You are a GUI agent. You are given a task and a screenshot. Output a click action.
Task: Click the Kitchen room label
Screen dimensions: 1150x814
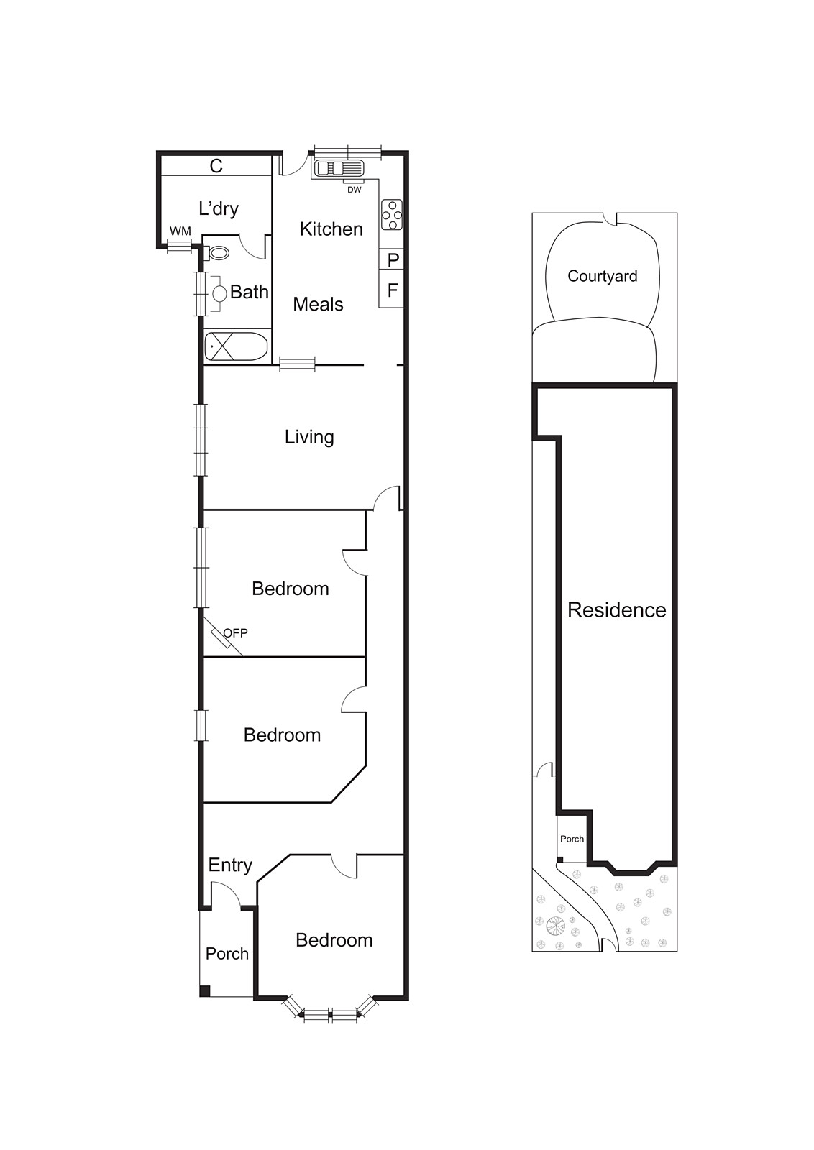[331, 229]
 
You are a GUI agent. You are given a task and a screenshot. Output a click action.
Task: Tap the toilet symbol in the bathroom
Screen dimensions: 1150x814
[218, 253]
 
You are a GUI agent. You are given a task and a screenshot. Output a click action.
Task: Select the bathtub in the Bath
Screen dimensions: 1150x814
[237, 347]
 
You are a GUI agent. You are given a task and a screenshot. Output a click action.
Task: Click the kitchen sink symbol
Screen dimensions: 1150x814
[339, 169]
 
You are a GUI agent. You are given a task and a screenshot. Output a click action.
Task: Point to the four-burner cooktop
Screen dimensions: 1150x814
[392, 214]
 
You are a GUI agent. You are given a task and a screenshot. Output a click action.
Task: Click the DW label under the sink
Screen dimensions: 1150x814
[354, 190]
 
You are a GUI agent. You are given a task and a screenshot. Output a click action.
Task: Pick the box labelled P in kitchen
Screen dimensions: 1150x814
[393, 260]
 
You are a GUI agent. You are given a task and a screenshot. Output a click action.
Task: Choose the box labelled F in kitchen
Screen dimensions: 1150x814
[393, 290]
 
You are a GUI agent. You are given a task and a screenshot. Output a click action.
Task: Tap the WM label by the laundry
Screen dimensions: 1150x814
[180, 231]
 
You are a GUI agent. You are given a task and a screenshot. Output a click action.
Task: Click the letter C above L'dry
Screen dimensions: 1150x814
[216, 166]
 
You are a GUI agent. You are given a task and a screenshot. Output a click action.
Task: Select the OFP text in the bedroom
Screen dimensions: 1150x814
[235, 633]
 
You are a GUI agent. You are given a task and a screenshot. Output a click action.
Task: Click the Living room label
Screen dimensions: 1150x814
[309, 437]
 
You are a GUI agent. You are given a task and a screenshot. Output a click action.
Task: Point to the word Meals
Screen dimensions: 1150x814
[318, 305]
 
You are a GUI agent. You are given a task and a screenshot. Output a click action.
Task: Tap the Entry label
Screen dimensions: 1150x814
[230, 865]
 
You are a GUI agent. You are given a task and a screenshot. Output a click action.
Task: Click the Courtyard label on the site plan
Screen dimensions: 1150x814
[602, 276]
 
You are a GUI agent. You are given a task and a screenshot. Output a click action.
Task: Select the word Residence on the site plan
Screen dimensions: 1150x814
[616, 610]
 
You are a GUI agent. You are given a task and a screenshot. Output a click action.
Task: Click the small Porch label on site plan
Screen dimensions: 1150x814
[572, 839]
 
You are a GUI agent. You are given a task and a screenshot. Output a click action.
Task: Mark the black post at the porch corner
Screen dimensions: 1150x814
[204, 992]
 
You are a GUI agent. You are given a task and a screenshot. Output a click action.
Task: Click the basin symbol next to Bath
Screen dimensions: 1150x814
[219, 293]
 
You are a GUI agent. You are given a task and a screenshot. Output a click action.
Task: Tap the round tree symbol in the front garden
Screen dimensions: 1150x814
[555, 926]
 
